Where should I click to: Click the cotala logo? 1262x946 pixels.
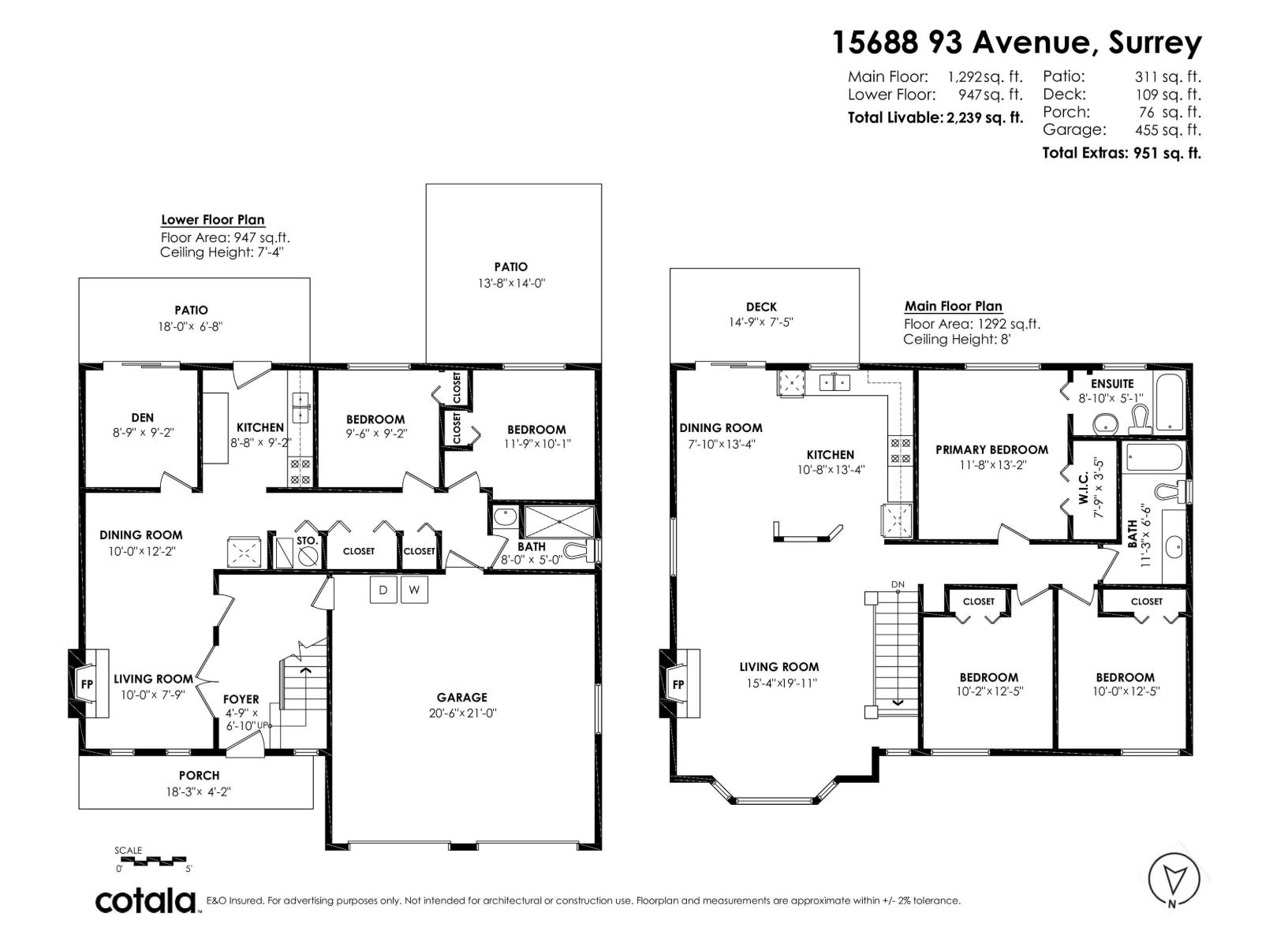(x=147, y=900)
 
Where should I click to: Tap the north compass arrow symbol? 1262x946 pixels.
(x=1173, y=877)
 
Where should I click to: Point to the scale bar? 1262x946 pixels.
(x=154, y=860)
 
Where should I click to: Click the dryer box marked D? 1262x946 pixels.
(x=383, y=590)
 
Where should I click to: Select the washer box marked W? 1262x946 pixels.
(x=414, y=590)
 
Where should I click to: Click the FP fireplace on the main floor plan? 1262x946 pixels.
(x=678, y=683)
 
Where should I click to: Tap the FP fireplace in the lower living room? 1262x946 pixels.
(x=87, y=683)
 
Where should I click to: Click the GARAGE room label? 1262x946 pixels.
(x=461, y=697)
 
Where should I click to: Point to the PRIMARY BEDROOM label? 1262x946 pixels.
(x=991, y=449)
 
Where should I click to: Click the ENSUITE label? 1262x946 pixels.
(x=1112, y=384)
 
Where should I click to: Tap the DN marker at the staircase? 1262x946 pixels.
(x=898, y=584)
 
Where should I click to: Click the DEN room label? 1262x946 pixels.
(x=143, y=418)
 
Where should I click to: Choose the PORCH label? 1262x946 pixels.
(x=199, y=776)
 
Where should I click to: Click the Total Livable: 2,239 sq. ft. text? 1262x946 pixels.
(x=935, y=117)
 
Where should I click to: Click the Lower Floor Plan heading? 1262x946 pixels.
(x=212, y=220)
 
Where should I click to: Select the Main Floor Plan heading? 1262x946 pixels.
(x=953, y=306)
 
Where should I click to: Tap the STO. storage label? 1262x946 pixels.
(x=307, y=541)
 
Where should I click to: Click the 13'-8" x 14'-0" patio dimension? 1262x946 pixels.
(x=511, y=283)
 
